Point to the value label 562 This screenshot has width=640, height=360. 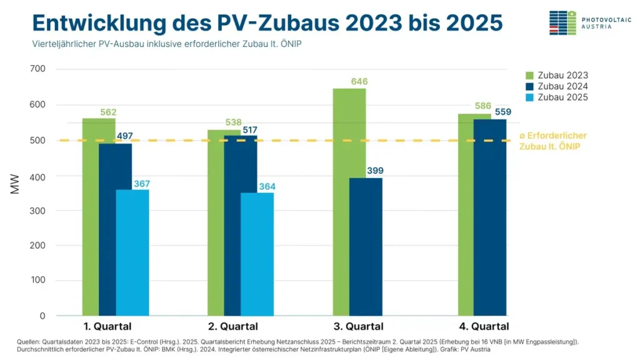(x=107, y=112)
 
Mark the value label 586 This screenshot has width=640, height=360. (x=482, y=106)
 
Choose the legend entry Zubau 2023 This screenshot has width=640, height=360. (x=559, y=76)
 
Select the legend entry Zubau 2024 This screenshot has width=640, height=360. (x=559, y=86)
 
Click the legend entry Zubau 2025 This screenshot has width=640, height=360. (x=559, y=97)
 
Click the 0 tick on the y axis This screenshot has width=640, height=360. (x=42, y=316)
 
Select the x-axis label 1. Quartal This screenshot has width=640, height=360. (x=107, y=326)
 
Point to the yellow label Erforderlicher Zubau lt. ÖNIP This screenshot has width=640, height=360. (x=552, y=141)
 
